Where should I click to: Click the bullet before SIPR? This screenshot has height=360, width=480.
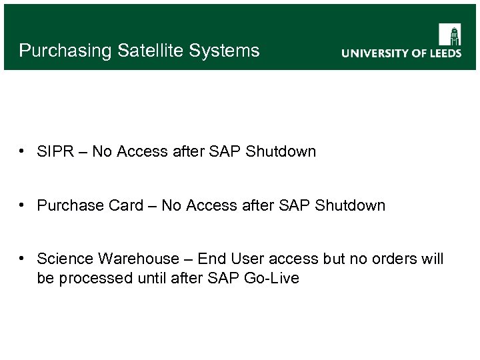[23, 151]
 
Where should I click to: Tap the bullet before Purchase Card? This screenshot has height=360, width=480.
[23, 205]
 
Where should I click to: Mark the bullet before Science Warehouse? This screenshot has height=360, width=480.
[23, 259]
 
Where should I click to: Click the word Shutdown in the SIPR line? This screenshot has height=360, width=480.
[281, 151]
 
